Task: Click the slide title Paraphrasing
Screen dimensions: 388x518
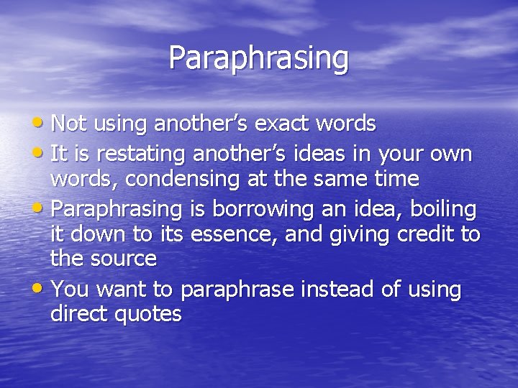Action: click(258, 57)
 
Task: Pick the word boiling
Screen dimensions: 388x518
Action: click(439, 209)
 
